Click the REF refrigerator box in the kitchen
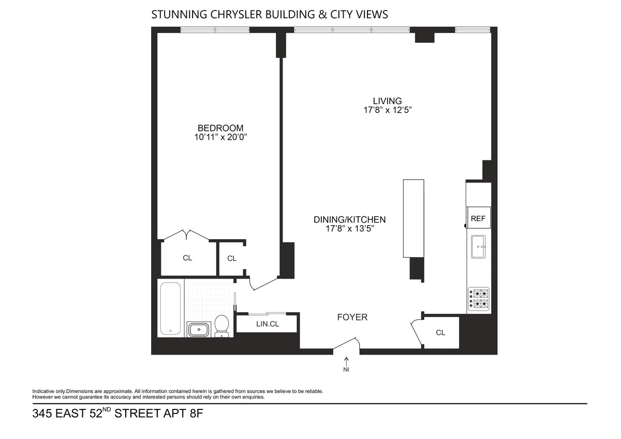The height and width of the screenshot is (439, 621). [478, 218]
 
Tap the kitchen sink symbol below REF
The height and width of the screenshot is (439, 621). [478, 247]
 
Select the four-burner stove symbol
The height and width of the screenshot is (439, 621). [479, 299]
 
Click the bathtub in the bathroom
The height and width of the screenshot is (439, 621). [170, 309]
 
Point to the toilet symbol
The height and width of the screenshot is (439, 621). [222, 326]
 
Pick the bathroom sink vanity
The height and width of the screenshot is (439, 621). [198, 329]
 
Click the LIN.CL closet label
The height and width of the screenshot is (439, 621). [268, 324]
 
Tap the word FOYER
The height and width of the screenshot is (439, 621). [352, 317]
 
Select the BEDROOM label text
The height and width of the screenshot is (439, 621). [220, 128]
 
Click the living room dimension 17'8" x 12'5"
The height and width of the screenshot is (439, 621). [387, 110]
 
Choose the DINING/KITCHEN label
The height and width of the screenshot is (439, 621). [350, 220]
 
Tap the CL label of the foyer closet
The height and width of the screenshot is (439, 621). [440, 332]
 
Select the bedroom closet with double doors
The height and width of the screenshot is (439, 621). [187, 257]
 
